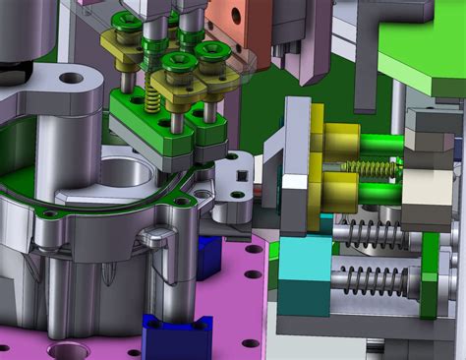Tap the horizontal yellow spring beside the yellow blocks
[x=369, y=168]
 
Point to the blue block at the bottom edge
[x=177, y=336]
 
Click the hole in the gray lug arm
[x=72, y=78]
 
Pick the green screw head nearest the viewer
[x=177, y=63]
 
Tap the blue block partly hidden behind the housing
[x=208, y=256]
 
